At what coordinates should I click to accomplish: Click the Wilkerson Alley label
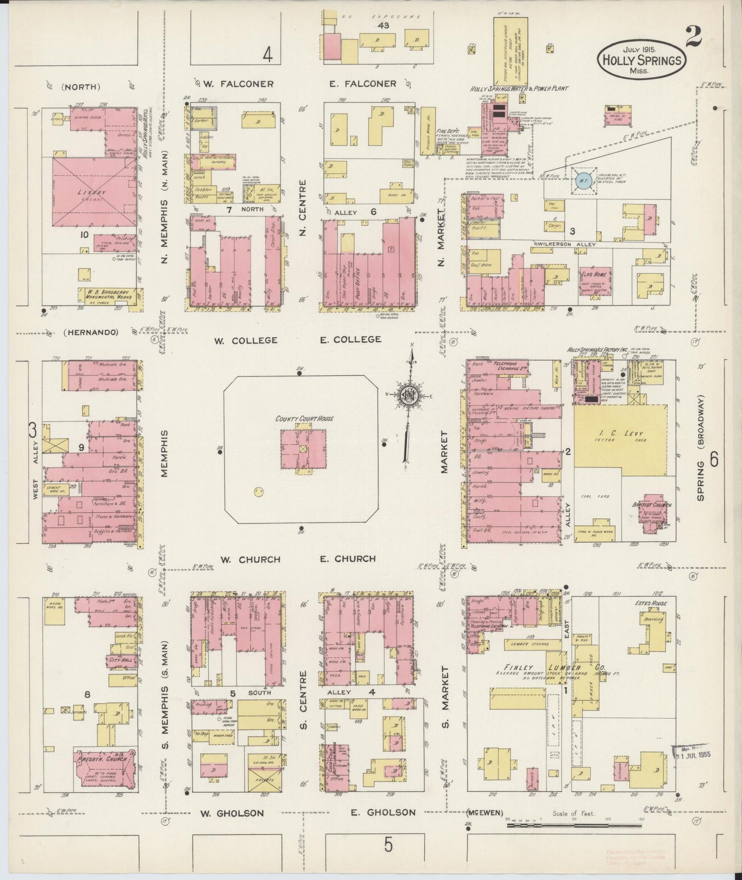coord(566,245)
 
